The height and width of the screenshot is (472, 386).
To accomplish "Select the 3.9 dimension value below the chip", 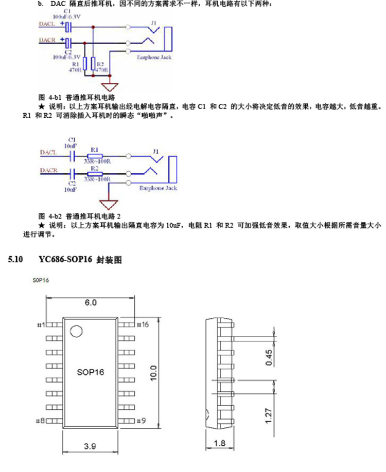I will (90, 446).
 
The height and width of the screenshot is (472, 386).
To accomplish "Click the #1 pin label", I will (40, 324).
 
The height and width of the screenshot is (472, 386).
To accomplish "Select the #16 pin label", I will (142, 324).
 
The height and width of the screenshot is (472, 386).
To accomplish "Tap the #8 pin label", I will (40, 421).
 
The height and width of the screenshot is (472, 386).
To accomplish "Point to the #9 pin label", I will (141, 421).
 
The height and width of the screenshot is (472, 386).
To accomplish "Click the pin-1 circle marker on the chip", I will (76, 332).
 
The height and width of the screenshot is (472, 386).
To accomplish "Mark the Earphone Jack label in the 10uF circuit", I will (159, 189).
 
